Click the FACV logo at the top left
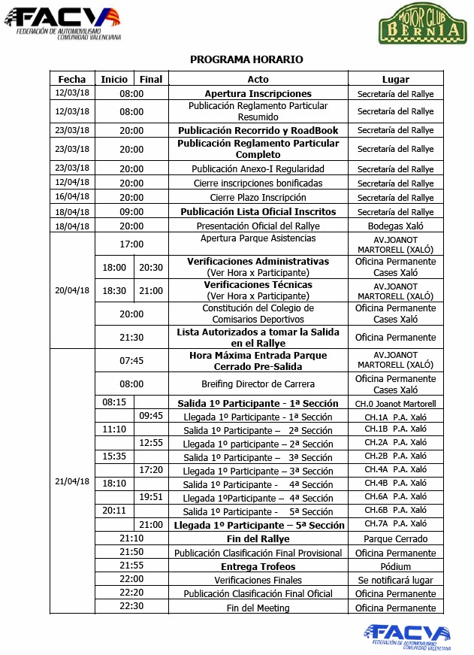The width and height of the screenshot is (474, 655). point(63,23)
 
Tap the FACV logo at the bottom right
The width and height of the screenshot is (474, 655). point(409,635)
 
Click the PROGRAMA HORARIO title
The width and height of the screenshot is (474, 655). point(246,59)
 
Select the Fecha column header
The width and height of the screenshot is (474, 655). point(72,79)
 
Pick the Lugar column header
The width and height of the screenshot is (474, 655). point(395,79)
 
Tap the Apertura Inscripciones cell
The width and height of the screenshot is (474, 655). point(258,93)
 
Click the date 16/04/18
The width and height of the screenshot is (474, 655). point(72,198)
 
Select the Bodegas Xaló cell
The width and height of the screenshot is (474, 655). point(395,226)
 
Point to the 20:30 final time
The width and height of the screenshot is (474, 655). point(151,267)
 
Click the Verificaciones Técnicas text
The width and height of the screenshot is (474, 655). point(258,285)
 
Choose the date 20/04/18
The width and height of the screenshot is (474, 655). point(72,290)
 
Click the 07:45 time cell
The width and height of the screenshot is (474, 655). point(131,360)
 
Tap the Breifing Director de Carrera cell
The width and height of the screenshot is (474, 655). point(258,384)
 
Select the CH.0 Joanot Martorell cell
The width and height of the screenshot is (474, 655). point(395,403)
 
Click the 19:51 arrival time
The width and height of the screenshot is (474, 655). point(151,497)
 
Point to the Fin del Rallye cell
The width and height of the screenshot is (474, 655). point(258,538)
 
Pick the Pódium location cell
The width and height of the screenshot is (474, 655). point(395,566)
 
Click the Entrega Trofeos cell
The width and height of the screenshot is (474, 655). point(258,566)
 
